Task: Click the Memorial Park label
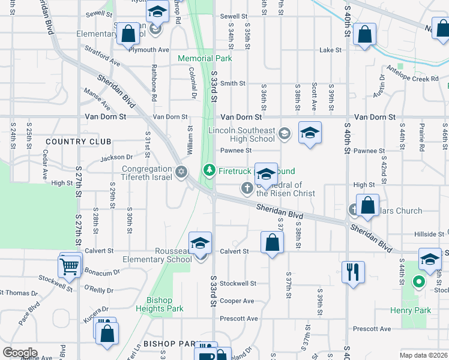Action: point(205,58)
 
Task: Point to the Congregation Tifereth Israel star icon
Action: point(181,173)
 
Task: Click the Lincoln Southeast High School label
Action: point(241,135)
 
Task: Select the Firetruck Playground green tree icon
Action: point(209,171)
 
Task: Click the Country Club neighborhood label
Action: point(78,142)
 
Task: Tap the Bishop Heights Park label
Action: point(159,305)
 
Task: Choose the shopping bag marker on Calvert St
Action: point(272,242)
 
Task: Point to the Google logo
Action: point(20,353)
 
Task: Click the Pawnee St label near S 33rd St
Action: point(231,151)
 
